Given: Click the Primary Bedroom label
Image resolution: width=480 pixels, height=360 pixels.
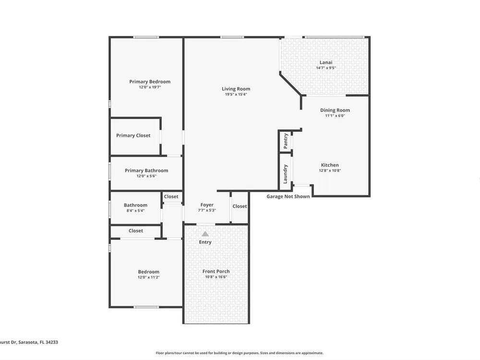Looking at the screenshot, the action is click(x=150, y=82).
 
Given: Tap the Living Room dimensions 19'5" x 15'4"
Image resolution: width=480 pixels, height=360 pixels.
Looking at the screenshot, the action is click(x=236, y=94).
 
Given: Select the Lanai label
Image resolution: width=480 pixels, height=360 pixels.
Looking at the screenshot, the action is click(x=326, y=62).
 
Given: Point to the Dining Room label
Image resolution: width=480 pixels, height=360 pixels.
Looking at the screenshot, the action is click(x=335, y=110).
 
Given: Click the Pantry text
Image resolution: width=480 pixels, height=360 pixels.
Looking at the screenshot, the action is click(x=286, y=141).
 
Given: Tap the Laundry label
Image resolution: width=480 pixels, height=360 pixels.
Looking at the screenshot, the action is click(x=285, y=174).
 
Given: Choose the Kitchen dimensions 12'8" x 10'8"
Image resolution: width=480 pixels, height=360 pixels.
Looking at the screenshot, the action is click(x=330, y=170).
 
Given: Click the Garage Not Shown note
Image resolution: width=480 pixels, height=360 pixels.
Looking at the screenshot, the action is click(x=288, y=196).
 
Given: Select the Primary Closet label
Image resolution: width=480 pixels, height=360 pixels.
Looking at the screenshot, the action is click(x=133, y=136).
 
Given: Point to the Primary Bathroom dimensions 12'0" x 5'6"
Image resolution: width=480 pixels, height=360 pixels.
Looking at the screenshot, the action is click(x=146, y=176).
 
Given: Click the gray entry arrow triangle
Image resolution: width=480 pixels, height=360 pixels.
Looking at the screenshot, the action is click(x=205, y=234).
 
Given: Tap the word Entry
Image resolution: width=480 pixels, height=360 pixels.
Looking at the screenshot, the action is click(x=205, y=242).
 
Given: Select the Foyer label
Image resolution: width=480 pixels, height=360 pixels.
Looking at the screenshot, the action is click(x=207, y=205).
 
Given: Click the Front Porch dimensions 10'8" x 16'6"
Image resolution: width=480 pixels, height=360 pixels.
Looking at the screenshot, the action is click(x=216, y=277).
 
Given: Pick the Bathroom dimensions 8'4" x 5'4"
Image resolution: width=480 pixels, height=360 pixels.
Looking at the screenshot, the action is click(x=136, y=211).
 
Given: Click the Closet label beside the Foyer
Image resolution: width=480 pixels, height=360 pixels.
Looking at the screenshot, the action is click(x=240, y=206).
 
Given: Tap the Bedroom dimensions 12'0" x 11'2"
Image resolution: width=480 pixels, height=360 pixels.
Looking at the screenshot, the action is click(x=148, y=277).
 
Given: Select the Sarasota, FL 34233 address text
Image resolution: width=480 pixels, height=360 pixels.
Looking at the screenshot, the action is click(x=38, y=342).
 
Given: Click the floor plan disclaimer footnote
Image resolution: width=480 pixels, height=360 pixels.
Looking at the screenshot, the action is click(x=240, y=353).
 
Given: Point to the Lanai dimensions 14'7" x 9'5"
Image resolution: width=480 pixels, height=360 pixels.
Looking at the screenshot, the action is click(x=326, y=68).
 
